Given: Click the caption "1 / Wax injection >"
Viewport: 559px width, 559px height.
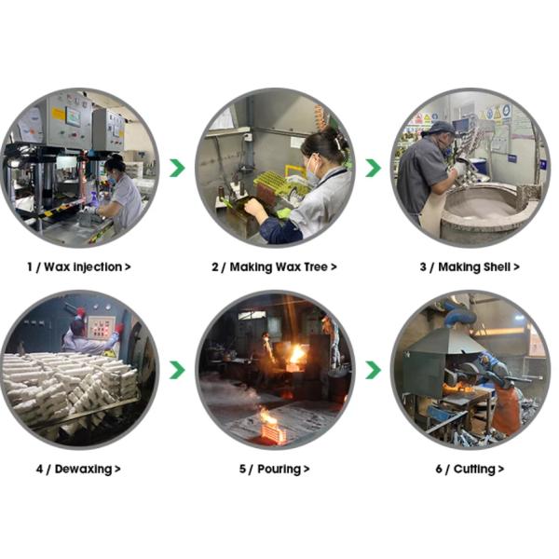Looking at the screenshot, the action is click(x=79, y=267).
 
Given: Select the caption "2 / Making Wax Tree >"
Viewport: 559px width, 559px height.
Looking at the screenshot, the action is click(x=274, y=267).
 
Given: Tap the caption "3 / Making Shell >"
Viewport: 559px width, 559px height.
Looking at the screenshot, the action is click(x=470, y=267).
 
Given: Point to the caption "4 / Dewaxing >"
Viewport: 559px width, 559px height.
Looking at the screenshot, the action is click(x=78, y=470).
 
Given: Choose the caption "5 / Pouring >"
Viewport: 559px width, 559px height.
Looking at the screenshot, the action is click(x=274, y=470).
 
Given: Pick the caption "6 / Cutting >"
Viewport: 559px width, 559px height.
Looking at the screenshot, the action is click(x=470, y=470).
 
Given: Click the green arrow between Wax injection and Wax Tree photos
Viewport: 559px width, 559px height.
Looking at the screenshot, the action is click(x=177, y=169).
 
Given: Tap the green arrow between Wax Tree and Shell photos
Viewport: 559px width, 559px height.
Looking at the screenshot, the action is click(x=374, y=169).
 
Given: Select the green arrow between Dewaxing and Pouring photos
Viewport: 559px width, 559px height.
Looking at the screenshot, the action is click(x=177, y=370).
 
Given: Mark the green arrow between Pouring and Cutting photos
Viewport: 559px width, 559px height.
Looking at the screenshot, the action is click(x=374, y=370).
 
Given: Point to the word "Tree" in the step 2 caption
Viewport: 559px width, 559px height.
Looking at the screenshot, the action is click(x=316, y=266).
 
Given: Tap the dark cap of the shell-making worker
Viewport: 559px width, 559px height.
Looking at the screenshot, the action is click(x=442, y=128).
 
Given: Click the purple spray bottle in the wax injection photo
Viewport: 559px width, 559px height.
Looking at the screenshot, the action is click(x=94, y=199).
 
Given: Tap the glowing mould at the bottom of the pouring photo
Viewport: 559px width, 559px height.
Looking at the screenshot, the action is click(x=274, y=433).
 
